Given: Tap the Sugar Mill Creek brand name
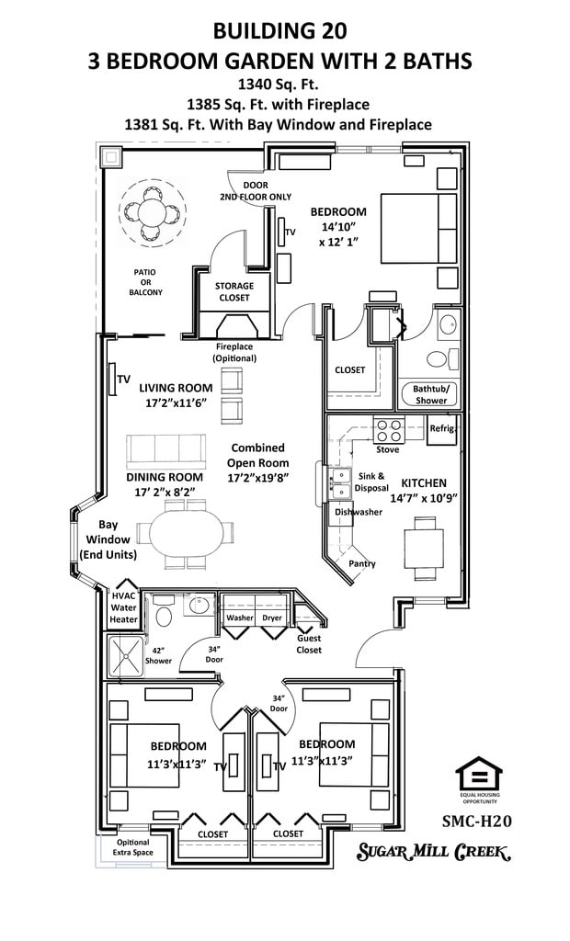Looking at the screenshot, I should click(x=433, y=852).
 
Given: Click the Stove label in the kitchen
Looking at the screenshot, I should click(x=387, y=449).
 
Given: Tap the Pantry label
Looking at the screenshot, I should click(x=362, y=563).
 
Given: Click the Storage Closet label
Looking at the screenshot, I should click(x=234, y=291).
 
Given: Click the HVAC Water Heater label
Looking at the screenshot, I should click(x=123, y=607).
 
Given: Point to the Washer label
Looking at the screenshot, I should click(x=239, y=618).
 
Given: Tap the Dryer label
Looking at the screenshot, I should click(x=272, y=618).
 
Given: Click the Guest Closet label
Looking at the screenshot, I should click(x=309, y=644).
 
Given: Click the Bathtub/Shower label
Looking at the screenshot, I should click(x=429, y=394).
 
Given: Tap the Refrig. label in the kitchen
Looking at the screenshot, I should click(x=443, y=429).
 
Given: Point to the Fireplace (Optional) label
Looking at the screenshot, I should click(x=234, y=352).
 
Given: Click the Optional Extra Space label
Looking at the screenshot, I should click(x=132, y=847).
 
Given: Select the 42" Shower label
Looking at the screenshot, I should click(x=158, y=655).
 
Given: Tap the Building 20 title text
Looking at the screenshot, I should click(x=279, y=31).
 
